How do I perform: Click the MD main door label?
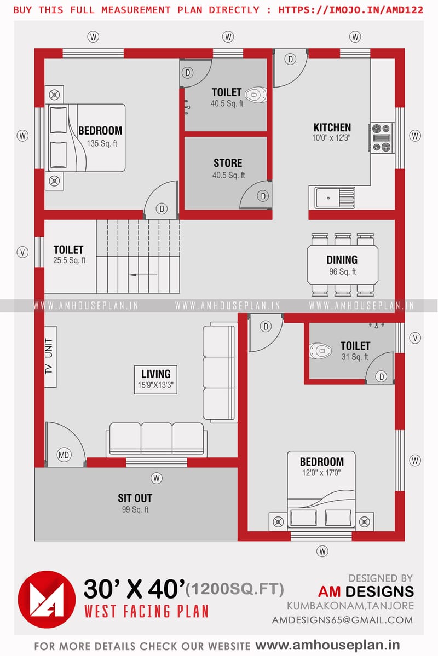65,455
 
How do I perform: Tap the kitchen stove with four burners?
382,137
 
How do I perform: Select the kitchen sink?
335,198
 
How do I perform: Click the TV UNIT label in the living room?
49,356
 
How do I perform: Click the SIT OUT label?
135,498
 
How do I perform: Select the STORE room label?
228,163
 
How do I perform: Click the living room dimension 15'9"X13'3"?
156,385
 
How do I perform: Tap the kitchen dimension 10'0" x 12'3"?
332,138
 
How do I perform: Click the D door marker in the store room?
263,196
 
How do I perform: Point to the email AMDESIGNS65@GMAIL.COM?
342,620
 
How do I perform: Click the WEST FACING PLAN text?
146,611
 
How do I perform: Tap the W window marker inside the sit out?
157,478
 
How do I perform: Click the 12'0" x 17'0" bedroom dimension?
321,473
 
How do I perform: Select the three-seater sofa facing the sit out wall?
157,438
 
